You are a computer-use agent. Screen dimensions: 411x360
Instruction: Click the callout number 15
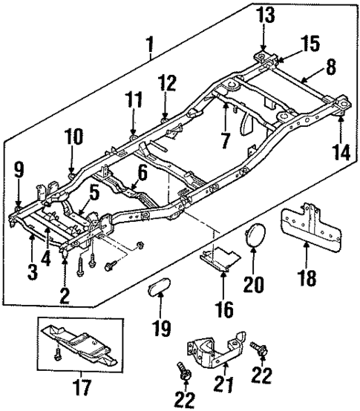click(310, 44)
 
